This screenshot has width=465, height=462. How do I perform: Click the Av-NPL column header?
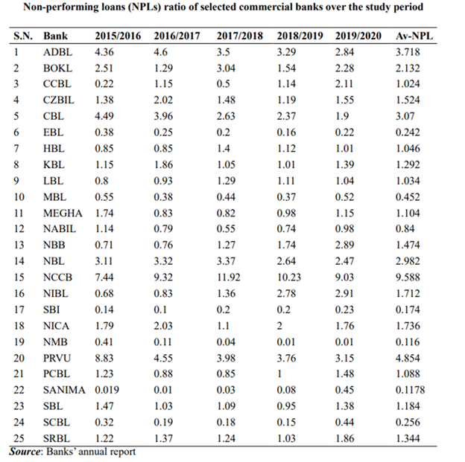click(414, 36)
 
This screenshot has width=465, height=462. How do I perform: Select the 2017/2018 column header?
click(240, 36)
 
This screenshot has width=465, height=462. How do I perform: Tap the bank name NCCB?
click(57, 277)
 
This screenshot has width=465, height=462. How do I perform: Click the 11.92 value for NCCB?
click(228, 277)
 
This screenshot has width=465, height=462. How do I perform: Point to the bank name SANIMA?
click(64, 390)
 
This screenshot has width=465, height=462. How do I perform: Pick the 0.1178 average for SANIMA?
click(410, 390)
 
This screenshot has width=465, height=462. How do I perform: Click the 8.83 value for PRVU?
click(104, 358)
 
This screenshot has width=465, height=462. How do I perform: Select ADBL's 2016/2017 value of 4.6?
click(160, 52)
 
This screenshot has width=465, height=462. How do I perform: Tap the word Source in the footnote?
click(25, 452)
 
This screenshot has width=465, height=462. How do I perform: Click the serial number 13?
click(19, 245)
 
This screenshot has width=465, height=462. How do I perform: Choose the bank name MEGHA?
click(63, 214)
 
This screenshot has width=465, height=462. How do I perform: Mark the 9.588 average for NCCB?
click(408, 277)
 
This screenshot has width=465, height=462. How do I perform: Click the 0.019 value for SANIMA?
click(107, 390)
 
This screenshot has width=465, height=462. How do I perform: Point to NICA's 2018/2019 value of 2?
click(279, 326)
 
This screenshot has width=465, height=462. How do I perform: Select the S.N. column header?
click(23, 36)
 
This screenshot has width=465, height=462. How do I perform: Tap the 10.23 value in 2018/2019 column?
click(289, 277)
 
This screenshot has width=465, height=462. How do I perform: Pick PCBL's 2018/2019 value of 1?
click(279, 373)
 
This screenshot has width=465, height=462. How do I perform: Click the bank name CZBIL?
click(59, 100)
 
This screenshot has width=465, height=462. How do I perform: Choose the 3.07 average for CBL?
click(405, 116)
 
